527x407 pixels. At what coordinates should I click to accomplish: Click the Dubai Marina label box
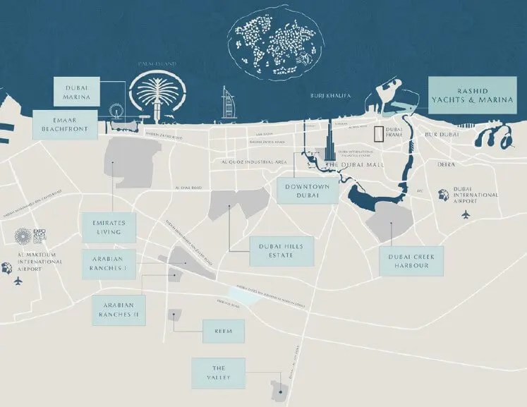(78, 92)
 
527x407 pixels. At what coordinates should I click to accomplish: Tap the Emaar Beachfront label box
(66, 125)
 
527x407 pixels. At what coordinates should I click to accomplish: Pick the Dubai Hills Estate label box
(281, 250)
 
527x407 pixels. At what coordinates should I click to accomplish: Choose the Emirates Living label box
(108, 226)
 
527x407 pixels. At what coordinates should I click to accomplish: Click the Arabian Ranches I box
(108, 264)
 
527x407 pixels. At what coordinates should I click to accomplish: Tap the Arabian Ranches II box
(119, 310)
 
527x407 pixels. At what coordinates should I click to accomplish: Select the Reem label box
(223, 330)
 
